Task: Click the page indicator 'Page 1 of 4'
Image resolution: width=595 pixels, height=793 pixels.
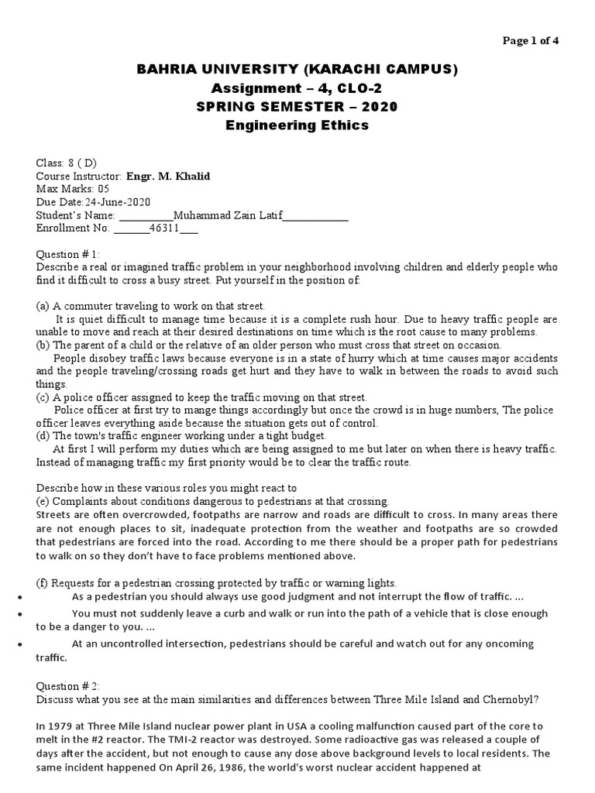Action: (x=531, y=42)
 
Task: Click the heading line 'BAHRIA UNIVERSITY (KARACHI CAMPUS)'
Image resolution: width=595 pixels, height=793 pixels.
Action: (x=297, y=70)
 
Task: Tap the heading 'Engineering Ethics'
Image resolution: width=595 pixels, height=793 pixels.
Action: (x=297, y=125)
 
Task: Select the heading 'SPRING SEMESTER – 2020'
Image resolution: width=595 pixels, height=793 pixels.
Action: (x=297, y=106)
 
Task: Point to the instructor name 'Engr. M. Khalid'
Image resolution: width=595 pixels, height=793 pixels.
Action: (x=168, y=176)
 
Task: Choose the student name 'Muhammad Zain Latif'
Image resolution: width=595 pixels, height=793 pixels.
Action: (x=228, y=215)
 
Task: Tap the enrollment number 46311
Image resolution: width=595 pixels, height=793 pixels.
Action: (x=163, y=228)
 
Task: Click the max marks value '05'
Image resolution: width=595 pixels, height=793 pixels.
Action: (x=105, y=189)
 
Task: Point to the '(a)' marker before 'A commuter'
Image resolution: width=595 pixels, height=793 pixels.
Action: (x=43, y=306)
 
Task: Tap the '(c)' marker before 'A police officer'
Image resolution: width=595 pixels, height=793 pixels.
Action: (x=43, y=397)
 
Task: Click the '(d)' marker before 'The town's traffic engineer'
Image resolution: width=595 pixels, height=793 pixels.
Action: (x=43, y=436)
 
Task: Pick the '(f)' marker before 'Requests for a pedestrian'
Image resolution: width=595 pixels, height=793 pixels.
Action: (x=43, y=582)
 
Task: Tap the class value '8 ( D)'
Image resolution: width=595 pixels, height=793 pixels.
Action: (x=81, y=163)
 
